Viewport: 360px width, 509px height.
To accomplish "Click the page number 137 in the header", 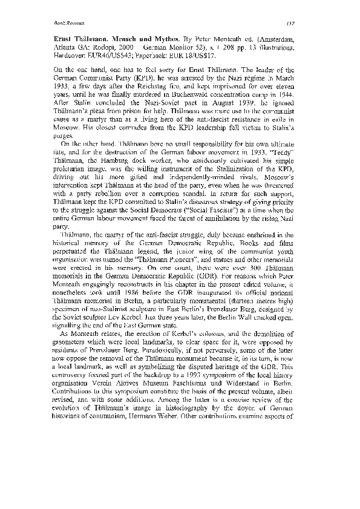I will (x=308, y=24).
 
